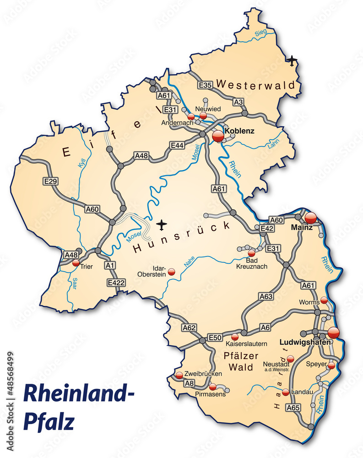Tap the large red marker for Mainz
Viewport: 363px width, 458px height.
click(x=311, y=218)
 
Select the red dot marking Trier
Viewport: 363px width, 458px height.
click(x=76, y=263)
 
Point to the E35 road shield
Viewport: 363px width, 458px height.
click(x=205, y=85)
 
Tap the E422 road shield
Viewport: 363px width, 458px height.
click(x=116, y=283)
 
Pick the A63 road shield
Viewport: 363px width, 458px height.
click(x=265, y=296)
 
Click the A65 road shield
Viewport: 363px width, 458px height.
click(x=293, y=407)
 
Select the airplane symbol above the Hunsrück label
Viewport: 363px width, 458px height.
click(x=161, y=224)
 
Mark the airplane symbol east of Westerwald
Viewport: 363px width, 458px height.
click(x=292, y=60)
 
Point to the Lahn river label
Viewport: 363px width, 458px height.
click(x=273, y=146)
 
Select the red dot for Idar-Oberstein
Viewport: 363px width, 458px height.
click(x=172, y=272)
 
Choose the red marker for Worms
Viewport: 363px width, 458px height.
click(x=324, y=300)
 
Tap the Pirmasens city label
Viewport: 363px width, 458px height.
click(x=210, y=394)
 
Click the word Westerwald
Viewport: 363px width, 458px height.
click(x=259, y=84)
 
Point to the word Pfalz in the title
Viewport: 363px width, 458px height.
click(x=49, y=420)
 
